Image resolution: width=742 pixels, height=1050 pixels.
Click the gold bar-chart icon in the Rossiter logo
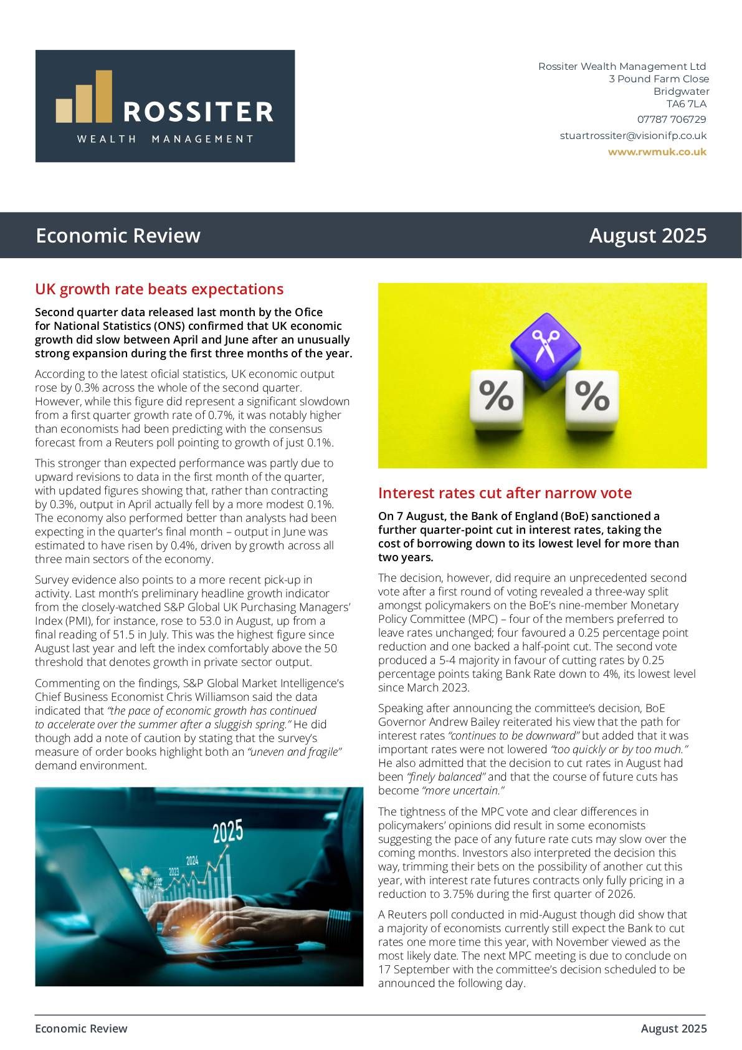tap(84, 99)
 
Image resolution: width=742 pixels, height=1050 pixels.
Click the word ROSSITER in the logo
tap(198, 112)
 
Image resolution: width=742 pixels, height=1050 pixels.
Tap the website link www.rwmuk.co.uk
tap(657, 152)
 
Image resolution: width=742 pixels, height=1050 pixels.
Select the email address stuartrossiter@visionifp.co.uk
tap(633, 135)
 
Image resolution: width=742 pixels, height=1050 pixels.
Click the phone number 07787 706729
tap(671, 119)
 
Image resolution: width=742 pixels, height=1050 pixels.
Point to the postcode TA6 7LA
tap(686, 104)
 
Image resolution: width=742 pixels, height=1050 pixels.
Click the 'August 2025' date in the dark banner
tap(647, 236)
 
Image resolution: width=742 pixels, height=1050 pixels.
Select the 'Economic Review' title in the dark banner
tap(118, 236)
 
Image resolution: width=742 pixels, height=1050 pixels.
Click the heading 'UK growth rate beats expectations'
tap(159, 289)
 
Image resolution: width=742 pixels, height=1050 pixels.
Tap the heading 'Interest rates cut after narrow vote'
tap(505, 493)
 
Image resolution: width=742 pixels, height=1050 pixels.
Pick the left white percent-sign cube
tap(496, 399)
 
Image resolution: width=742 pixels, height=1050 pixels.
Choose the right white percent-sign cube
tap(591, 398)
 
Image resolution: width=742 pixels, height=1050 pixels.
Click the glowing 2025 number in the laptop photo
tap(227, 832)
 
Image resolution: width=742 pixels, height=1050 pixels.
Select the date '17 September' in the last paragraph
tap(407, 970)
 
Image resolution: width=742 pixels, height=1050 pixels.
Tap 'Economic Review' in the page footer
tap(81, 1028)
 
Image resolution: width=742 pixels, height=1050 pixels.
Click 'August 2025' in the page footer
tap(673, 1028)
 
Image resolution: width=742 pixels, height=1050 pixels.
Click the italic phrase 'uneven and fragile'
tap(295, 752)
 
